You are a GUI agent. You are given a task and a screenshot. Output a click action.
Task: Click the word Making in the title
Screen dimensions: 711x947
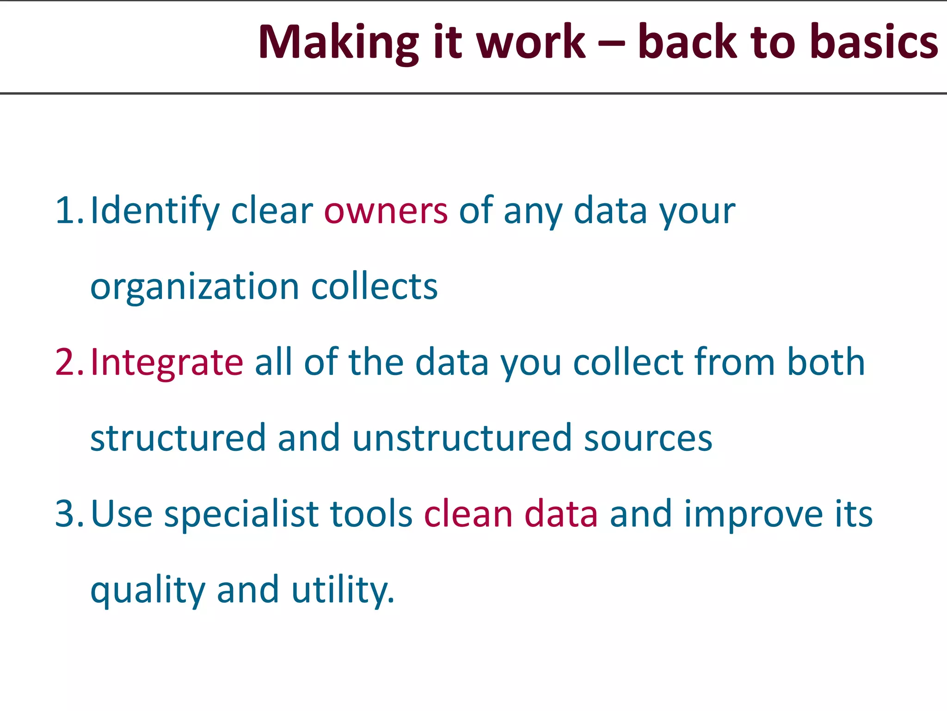pyautogui.click(x=338, y=43)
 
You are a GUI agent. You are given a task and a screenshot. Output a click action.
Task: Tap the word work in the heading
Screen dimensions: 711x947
pyautogui.click(x=531, y=43)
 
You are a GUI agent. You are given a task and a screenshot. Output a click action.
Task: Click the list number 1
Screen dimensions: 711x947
pyautogui.click(x=67, y=211)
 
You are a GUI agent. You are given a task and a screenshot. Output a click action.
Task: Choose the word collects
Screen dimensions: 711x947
pyautogui.click(x=374, y=287)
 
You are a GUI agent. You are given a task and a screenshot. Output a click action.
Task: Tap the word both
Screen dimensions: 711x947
pyautogui.click(x=826, y=362)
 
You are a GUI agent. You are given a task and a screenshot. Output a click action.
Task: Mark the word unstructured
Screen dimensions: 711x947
pyautogui.click(x=462, y=438)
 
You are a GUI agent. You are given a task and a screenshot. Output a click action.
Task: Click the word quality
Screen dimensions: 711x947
pyautogui.click(x=148, y=591)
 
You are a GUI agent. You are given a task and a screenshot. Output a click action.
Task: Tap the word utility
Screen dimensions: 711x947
pyautogui.click(x=343, y=590)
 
